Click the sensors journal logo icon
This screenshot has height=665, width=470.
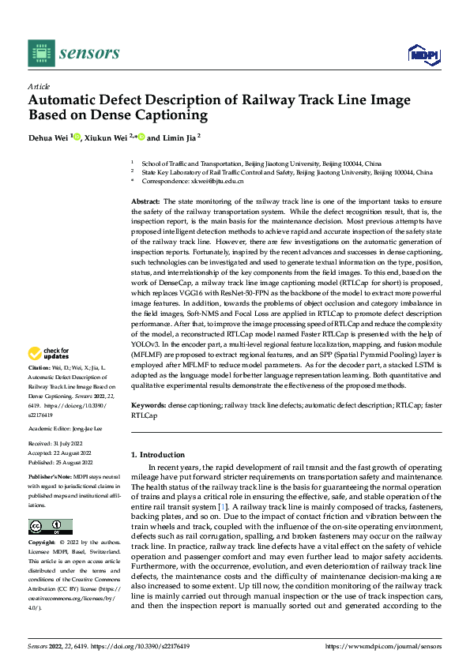pos(40,53)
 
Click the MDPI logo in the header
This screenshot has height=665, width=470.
pos(423,54)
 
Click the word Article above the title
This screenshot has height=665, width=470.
pos(39,86)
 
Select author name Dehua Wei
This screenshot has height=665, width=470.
pos(50,137)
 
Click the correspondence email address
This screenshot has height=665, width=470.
pos(213,181)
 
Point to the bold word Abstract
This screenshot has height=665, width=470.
pos(145,203)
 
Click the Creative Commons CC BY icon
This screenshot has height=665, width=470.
pos(50,527)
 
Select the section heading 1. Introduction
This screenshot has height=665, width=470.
pos(158,455)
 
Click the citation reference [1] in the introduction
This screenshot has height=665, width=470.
pos(224,506)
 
